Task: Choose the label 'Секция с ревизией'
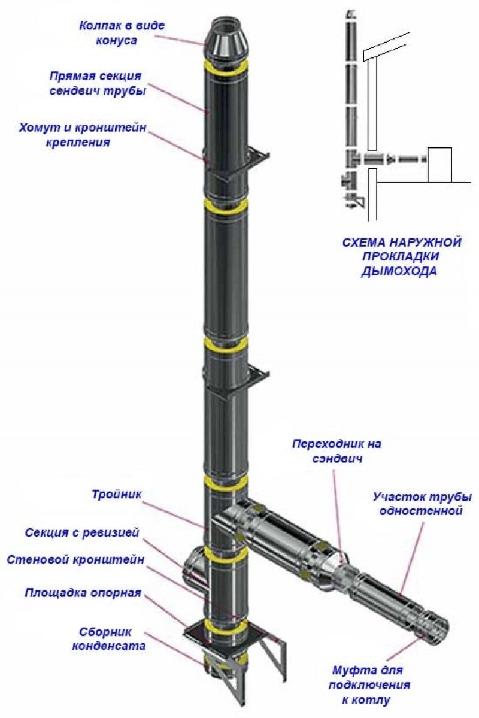[x=82, y=532]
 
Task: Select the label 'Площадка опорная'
[x=83, y=593]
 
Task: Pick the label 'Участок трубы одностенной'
[x=422, y=504]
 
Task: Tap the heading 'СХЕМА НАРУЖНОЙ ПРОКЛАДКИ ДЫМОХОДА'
[x=401, y=257]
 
